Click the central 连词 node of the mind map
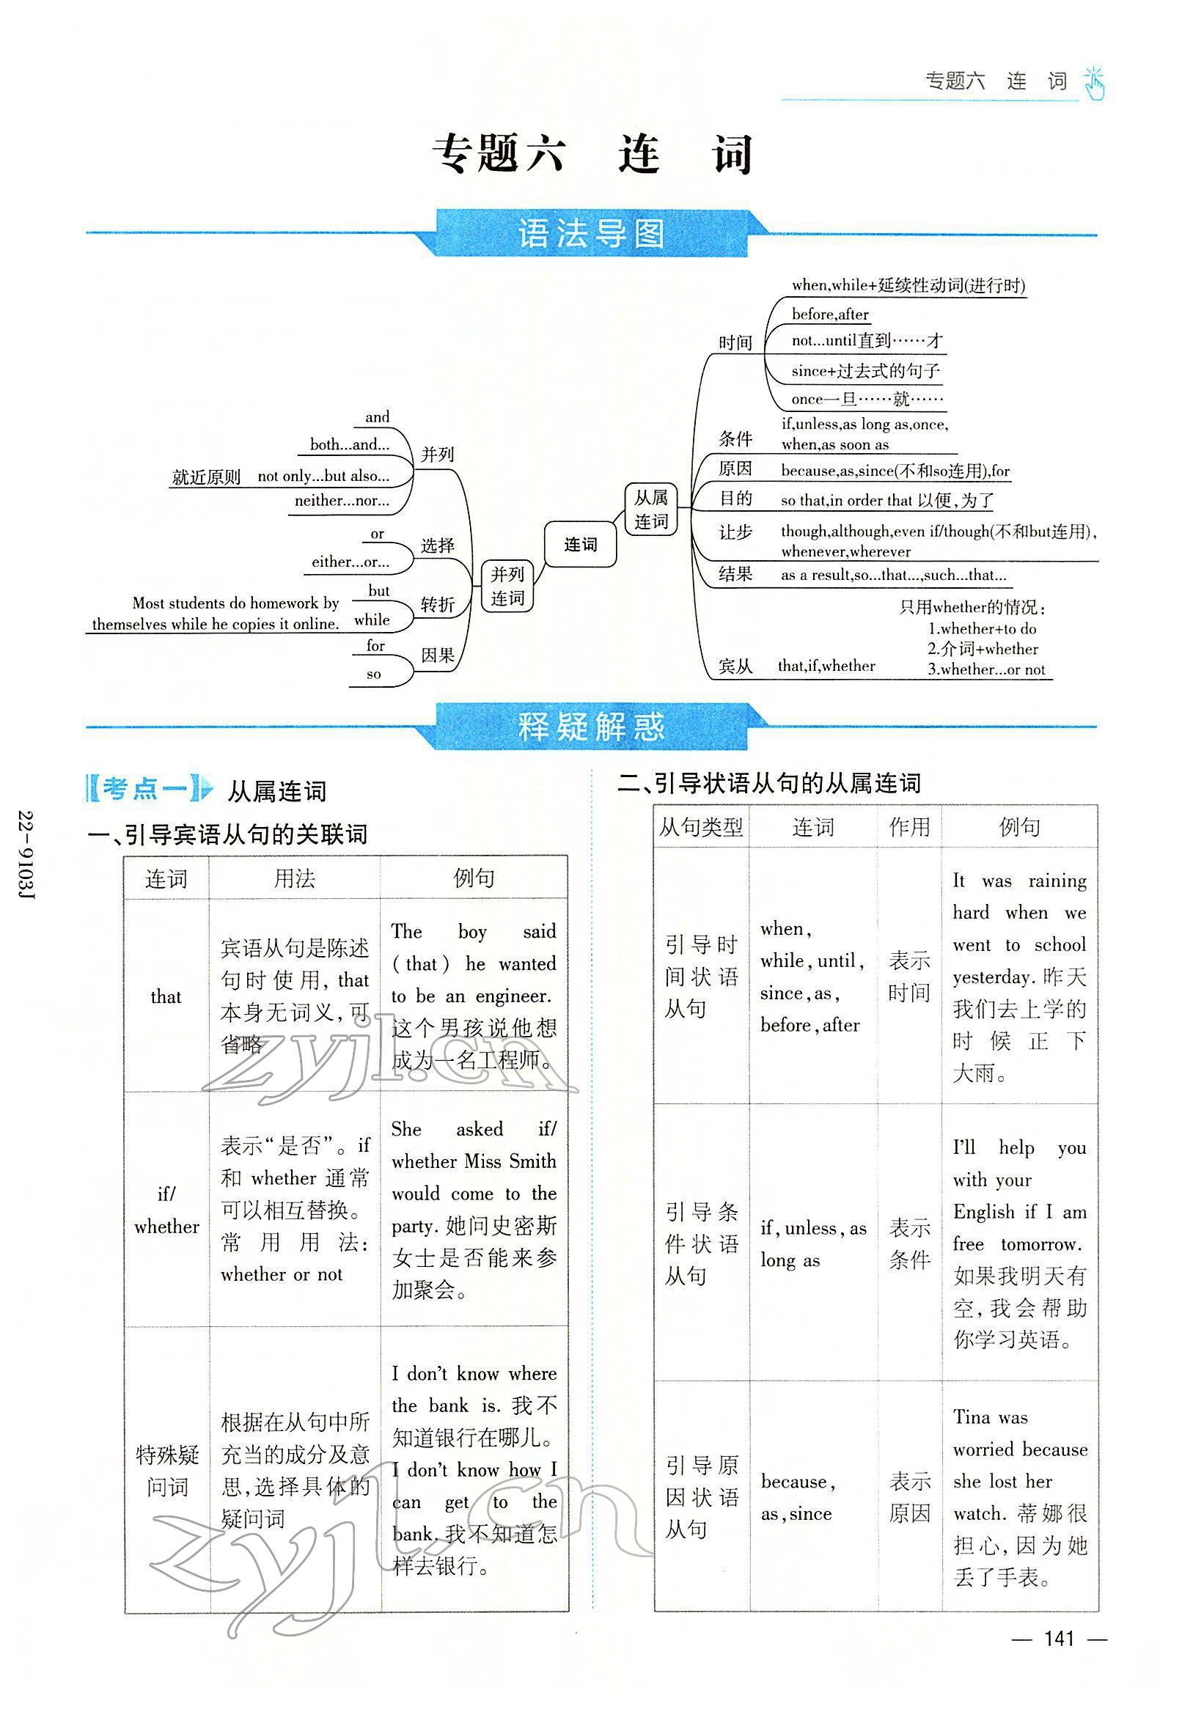[580, 545]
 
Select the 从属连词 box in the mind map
[650, 510]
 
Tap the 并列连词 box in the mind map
[507, 586]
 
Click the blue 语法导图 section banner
[590, 234]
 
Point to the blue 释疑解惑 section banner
[590, 727]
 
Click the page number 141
[1058, 1638]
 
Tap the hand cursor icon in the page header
[1094, 84]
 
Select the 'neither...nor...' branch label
[342, 501]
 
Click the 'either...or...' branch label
[350, 562]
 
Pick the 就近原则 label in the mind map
[206, 477]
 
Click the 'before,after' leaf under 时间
[829, 314]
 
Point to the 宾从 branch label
[735, 666]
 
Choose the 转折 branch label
[438, 605]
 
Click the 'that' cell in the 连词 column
[166, 996]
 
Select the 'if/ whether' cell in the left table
[166, 1210]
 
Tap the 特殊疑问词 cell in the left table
[166, 1471]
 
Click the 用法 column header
[294, 879]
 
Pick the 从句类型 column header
[700, 827]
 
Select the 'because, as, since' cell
[812, 1497]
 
